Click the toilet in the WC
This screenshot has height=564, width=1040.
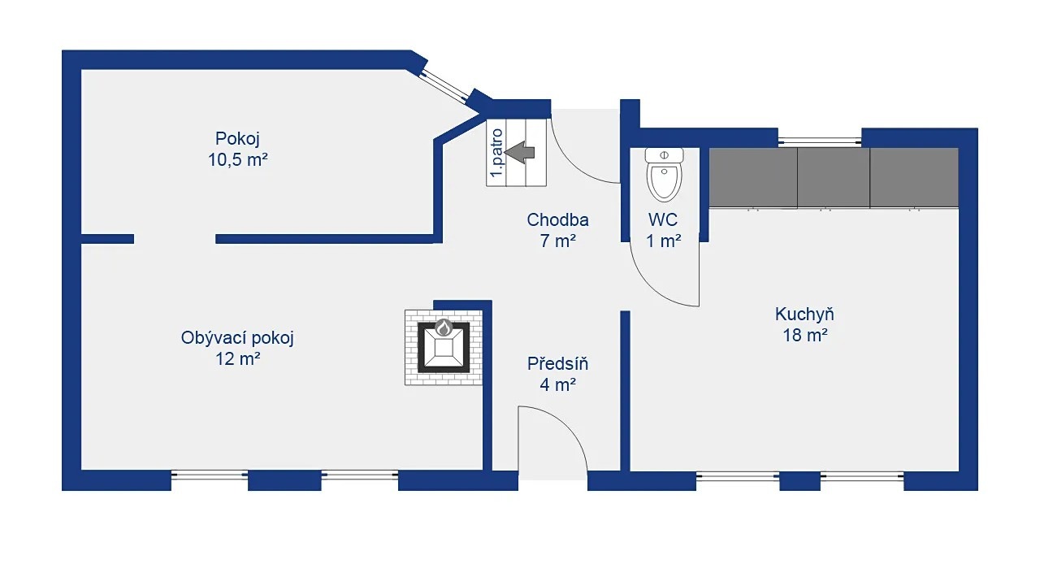pos(665,175)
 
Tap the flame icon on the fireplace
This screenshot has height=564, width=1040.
pos(444,328)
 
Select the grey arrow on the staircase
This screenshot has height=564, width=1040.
pos(519,153)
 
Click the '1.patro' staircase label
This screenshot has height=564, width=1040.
pos(496,153)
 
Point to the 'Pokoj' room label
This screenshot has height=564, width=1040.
pos(237,138)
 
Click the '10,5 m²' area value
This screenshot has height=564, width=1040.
pos(238,160)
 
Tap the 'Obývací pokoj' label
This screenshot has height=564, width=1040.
pos(237,338)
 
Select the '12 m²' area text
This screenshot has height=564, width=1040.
pos(238,358)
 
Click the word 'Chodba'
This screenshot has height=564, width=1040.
pos(557,219)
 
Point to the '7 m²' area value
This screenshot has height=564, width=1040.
pos(558,241)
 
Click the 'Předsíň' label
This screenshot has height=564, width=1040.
pos(557,364)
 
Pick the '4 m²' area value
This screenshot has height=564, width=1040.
pos(558,384)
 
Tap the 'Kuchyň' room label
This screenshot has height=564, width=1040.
pos(804,315)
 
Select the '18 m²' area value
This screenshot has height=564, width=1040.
pos(805,335)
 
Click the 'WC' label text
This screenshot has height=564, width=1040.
pos(662,219)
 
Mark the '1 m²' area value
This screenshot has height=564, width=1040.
pos(664,241)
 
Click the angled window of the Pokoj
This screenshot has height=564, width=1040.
pos(444,86)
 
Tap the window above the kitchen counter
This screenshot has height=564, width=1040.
pos(820,139)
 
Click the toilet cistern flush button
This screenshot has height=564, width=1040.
pos(665,154)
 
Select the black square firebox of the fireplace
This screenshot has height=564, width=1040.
pos(444,347)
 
